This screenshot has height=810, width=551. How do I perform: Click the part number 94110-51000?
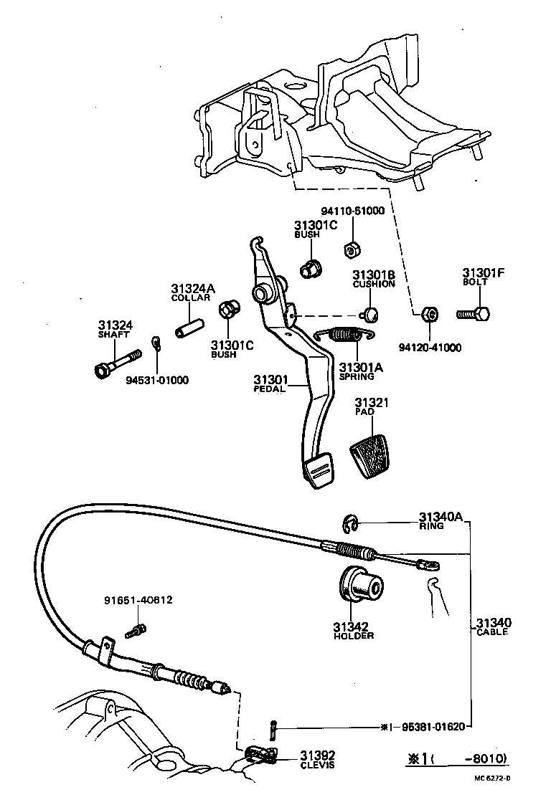coord(353,211)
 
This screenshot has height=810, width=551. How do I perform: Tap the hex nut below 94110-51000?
coord(352,249)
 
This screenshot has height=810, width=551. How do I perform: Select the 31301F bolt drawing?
coord(474,314)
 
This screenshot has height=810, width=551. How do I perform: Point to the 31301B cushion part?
coord(370,313)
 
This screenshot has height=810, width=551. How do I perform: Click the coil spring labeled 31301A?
coord(346,334)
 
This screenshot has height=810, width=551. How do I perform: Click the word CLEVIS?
coord(317,766)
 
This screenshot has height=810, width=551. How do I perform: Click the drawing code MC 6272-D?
coord(496,776)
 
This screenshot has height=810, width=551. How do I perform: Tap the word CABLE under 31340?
coord(492,632)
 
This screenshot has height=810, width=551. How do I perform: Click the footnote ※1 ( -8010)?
coord(457,758)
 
